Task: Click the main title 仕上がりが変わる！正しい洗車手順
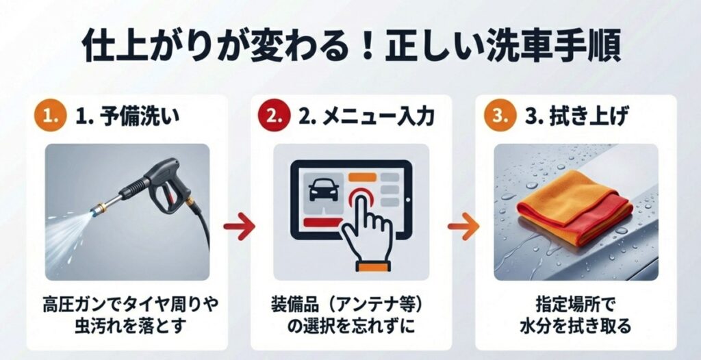(x=350, y=47)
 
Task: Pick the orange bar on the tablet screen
(x=362, y=177)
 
